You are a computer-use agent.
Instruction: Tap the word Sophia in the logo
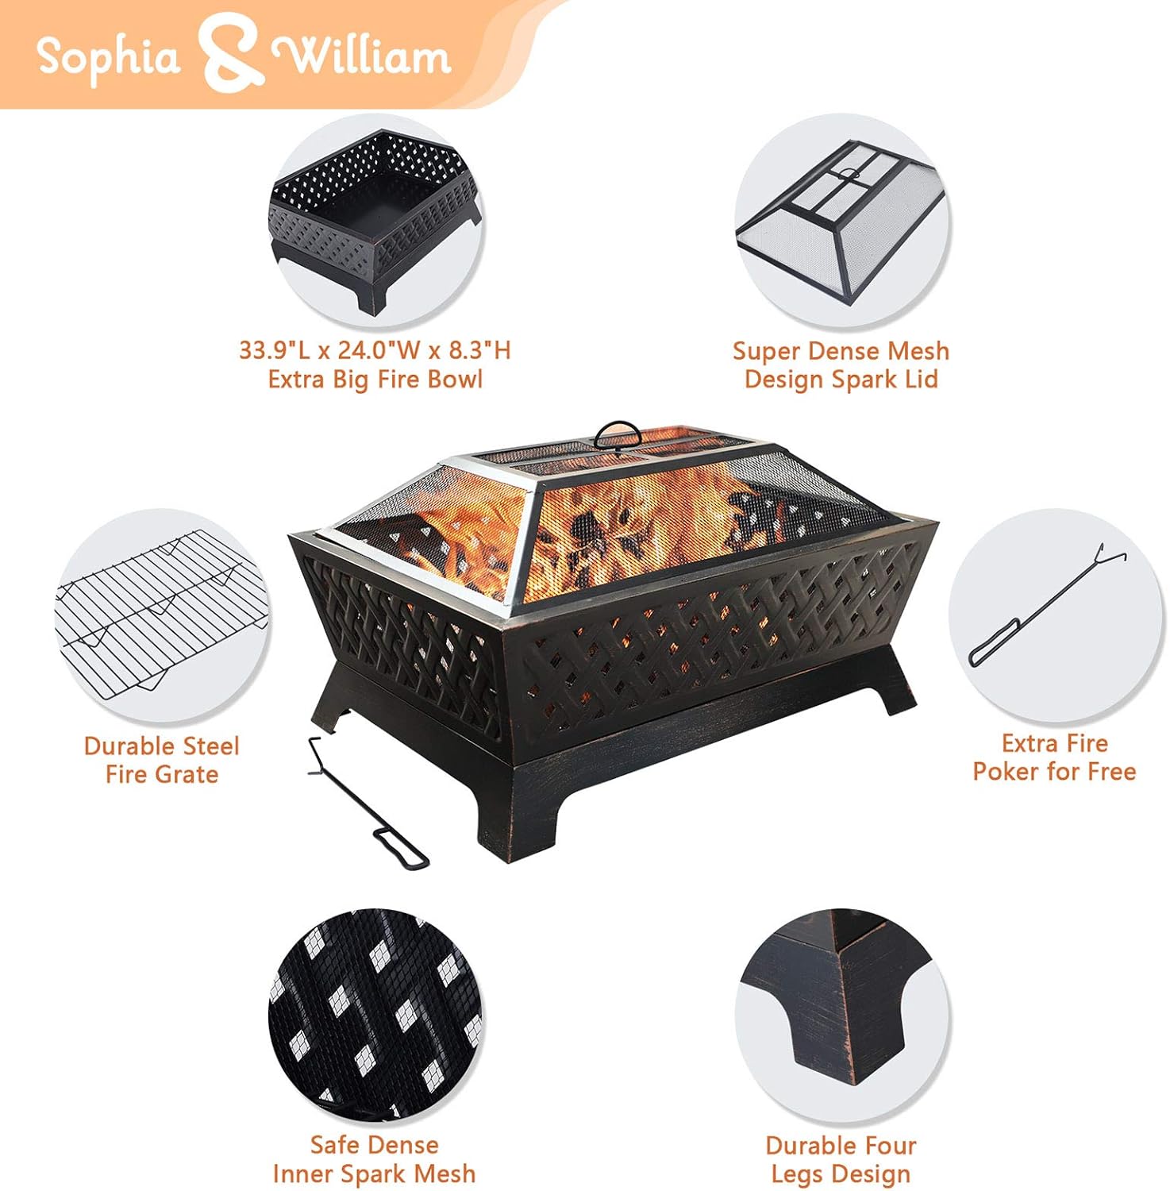coord(108,57)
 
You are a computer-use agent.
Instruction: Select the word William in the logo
coord(361,56)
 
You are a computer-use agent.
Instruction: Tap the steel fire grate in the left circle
coord(159,616)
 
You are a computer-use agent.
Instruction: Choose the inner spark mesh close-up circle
coord(374,1016)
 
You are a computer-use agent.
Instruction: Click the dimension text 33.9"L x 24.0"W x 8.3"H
coord(375,350)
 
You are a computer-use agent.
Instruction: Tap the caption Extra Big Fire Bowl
coord(375,380)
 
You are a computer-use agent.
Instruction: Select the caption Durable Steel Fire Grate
coord(161,760)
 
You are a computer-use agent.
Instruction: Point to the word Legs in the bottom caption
coord(801,1174)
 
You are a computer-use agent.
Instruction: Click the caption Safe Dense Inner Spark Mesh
coord(374,1159)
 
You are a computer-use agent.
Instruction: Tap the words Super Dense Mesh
coord(841,351)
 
